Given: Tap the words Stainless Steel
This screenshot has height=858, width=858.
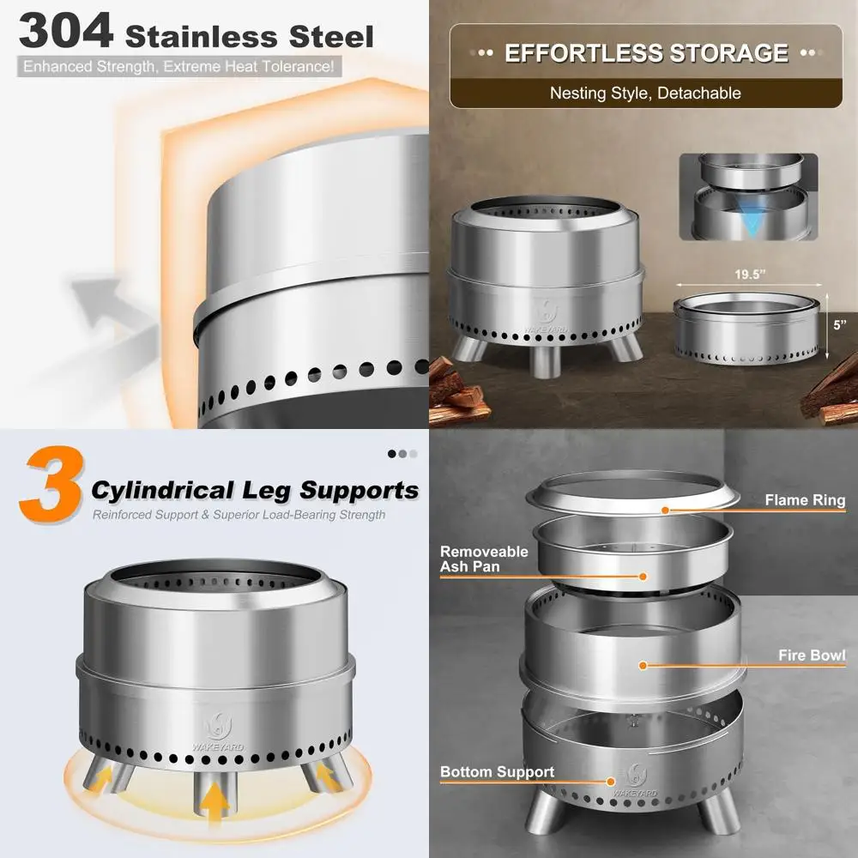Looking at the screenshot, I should click(x=249, y=36).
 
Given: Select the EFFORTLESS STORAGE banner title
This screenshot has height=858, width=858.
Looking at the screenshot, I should click(x=645, y=53).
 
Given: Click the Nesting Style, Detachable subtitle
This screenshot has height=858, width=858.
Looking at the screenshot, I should click(x=645, y=93).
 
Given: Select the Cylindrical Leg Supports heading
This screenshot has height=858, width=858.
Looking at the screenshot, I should click(x=255, y=490).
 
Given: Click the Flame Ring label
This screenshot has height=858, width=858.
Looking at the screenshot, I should click(x=804, y=500).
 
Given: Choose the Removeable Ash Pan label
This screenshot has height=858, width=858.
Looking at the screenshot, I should click(x=482, y=559).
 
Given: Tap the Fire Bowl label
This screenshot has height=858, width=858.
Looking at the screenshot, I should click(x=811, y=656).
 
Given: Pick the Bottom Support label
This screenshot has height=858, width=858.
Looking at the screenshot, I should click(x=497, y=771).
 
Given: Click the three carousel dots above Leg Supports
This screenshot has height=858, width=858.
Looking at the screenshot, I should click(x=402, y=454).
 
